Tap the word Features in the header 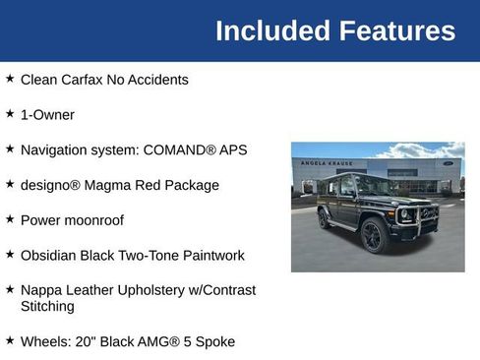point(397,30)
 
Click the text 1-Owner point(47,115)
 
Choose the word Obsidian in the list point(50,256)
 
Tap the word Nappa point(41,290)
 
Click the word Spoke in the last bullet point(214,341)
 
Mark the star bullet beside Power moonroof point(10,218)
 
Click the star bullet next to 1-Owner point(10,113)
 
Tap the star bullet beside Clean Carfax point(10,78)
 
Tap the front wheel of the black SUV point(372,237)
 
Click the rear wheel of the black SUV point(323,219)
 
